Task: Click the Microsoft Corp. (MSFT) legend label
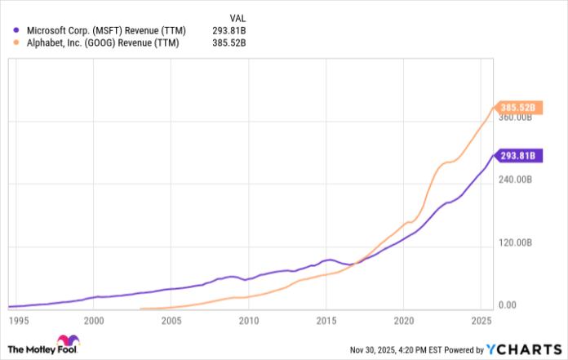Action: (x=104, y=31)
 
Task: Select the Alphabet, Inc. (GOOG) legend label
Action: (x=103, y=44)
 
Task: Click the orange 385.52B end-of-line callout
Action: (x=517, y=108)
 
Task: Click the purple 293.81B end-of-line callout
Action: (x=517, y=155)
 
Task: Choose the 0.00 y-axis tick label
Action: (x=508, y=305)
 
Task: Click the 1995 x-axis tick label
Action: (x=17, y=321)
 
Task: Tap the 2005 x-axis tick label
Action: (x=171, y=321)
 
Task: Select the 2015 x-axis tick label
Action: (x=326, y=321)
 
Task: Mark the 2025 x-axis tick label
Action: (x=481, y=321)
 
